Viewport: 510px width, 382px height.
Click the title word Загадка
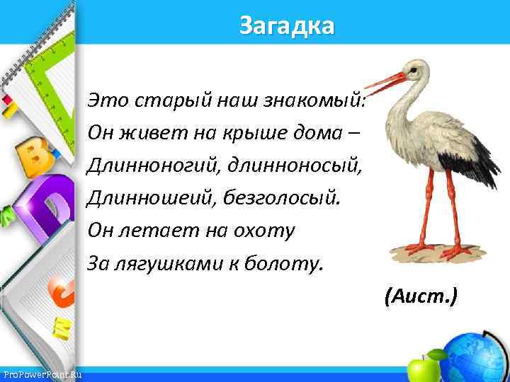pos(286,26)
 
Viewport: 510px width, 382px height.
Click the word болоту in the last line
pos(287,263)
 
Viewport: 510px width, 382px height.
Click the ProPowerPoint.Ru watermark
pos(41,374)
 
